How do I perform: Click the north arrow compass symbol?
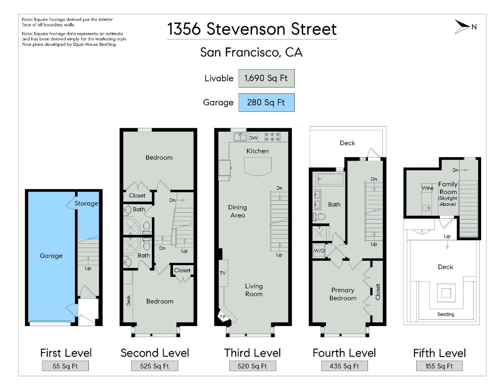pos(463,27)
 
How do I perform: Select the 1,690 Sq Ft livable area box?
pos(266,78)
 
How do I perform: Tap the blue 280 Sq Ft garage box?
pos(266,103)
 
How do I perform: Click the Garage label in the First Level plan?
pos(51,256)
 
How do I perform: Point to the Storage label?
pos(86,203)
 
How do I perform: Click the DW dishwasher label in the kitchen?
pos(253,138)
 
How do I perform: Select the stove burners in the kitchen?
pos(272,137)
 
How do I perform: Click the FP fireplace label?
pos(222,317)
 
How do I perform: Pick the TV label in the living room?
pos(223,273)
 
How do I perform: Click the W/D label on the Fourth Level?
pos(319,251)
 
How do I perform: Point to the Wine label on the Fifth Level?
pos(427,188)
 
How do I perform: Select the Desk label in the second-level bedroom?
pos(128,300)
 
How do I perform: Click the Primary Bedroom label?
pos(343,294)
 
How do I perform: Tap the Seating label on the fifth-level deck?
pos(446,314)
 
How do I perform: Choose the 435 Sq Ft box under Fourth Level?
pos(344,366)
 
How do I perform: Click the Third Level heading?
pos(252,353)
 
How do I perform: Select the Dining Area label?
pos(238,211)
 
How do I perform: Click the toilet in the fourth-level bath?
pos(319,216)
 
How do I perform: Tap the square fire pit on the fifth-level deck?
pos(446,293)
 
